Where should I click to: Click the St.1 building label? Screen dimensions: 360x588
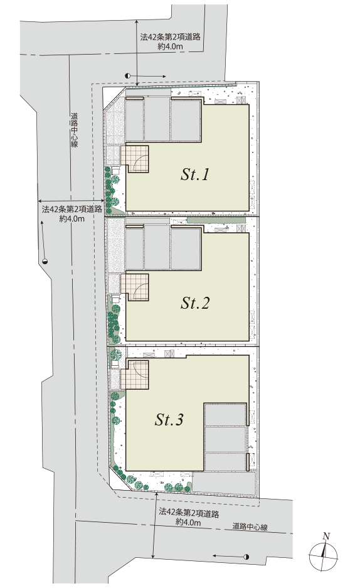point(194,174)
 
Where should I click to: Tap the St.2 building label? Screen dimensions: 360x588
point(195,303)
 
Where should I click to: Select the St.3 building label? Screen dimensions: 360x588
point(169,420)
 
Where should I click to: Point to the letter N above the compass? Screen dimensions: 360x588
point(327,536)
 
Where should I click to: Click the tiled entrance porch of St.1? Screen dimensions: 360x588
point(135,159)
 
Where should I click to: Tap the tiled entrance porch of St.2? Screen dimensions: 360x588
point(135,287)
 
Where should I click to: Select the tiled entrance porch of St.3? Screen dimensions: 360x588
point(135,375)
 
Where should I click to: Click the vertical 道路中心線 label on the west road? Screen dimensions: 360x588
point(74,130)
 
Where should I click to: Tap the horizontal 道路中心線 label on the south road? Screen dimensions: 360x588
point(250,527)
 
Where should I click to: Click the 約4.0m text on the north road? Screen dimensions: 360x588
point(171,46)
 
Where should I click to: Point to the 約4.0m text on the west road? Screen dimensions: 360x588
point(72,218)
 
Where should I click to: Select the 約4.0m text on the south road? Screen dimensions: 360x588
point(188,522)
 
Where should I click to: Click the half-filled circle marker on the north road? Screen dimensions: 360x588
point(128,76)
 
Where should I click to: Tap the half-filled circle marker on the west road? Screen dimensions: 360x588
point(45,262)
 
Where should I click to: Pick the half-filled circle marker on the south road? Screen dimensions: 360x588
point(246,557)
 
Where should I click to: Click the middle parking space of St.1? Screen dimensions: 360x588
point(157,119)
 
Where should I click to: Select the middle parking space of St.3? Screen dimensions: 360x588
point(225,439)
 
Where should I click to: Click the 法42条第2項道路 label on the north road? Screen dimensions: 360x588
point(171,37)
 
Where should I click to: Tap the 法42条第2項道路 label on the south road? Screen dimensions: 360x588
point(189,513)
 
